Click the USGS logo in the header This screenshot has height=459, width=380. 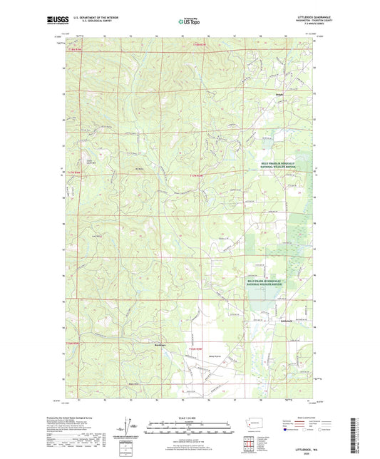[x=57, y=21]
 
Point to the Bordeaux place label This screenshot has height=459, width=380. [x=161, y=344]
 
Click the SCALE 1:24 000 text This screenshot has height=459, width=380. [x=190, y=418]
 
